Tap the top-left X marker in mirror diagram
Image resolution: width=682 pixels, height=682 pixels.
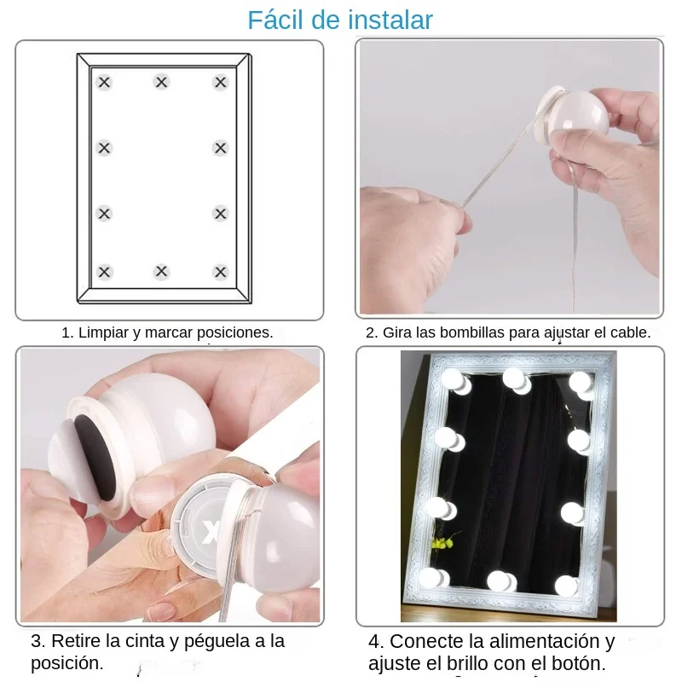coord(104,83)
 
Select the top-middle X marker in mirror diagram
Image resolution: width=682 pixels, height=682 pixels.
coord(162,82)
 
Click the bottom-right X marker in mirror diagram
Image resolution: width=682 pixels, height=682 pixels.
coord(221,272)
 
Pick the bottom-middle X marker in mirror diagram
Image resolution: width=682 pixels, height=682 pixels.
coord(162,272)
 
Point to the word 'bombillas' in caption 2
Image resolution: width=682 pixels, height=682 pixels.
coord(471,333)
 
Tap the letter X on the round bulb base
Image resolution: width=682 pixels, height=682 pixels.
coord(212,535)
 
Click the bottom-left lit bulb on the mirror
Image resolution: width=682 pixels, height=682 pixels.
coord(430,577)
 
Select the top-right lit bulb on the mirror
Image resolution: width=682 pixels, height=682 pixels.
coord(582,383)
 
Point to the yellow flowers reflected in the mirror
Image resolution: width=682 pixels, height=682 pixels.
coord(442,541)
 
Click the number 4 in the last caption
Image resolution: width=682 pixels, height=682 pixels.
coord(375,641)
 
